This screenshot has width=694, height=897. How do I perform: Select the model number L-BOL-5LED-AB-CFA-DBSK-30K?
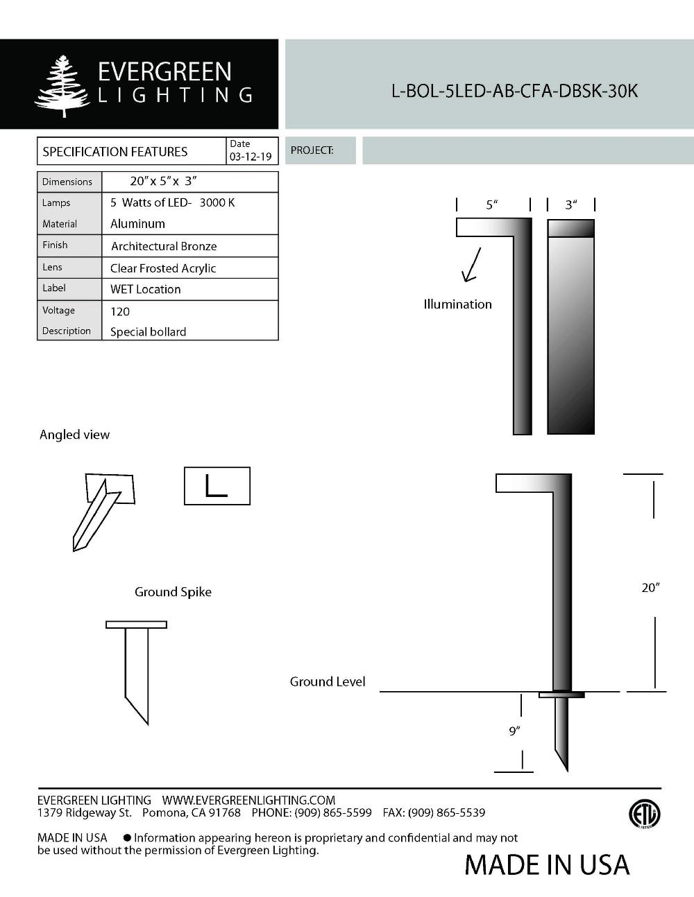pyautogui.click(x=514, y=91)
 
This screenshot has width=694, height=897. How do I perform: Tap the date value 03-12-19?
pyautogui.click(x=251, y=157)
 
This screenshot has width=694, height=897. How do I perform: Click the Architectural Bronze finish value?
pyautogui.click(x=164, y=246)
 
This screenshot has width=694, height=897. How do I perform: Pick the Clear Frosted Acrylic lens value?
pyautogui.click(x=163, y=268)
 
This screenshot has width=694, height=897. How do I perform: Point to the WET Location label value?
pyautogui.click(x=145, y=289)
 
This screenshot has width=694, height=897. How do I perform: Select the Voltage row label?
pyautogui.click(x=58, y=310)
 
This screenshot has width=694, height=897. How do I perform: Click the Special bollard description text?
pyautogui.click(x=148, y=331)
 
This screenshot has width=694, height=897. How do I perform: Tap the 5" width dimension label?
pyautogui.click(x=492, y=204)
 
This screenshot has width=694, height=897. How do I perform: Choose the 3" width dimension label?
pyautogui.click(x=570, y=204)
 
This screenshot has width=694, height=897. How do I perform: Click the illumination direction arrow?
pyautogui.click(x=471, y=265)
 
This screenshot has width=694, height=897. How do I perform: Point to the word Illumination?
pyautogui.click(x=457, y=304)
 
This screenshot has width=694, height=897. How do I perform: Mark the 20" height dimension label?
pyautogui.click(x=650, y=587)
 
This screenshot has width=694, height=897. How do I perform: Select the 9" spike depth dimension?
pyautogui.click(x=514, y=731)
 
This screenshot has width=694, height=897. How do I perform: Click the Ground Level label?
pyautogui.click(x=327, y=681)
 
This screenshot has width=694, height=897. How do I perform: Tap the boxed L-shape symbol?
pyautogui.click(x=217, y=485)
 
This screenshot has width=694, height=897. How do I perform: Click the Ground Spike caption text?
pyautogui.click(x=173, y=591)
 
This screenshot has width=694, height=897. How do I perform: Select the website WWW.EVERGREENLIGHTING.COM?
pyautogui.click(x=248, y=800)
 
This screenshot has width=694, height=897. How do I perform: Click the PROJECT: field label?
pyautogui.click(x=312, y=150)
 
